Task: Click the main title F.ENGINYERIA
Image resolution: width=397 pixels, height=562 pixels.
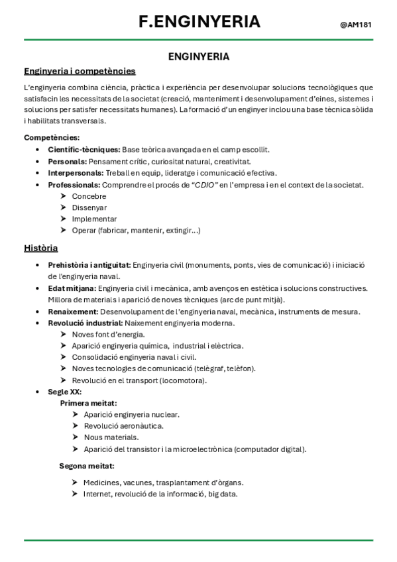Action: [199, 22]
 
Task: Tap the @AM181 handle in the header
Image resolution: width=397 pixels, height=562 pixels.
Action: [355, 25]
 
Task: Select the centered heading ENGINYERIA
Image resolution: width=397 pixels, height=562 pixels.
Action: [199, 57]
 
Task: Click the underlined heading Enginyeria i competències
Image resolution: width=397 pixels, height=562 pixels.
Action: [80, 71]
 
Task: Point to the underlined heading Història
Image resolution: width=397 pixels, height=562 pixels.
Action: [40, 249]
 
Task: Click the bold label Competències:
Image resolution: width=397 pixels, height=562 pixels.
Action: [52, 137]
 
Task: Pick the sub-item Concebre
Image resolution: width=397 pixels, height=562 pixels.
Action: [89, 196]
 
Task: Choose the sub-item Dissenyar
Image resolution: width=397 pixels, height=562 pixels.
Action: [89, 207]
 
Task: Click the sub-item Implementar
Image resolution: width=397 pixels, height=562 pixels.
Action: [94, 219]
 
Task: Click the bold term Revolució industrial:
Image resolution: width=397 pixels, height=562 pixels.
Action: [85, 323]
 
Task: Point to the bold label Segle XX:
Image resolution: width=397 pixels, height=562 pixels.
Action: [65, 392]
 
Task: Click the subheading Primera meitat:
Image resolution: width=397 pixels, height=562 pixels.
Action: [89, 403]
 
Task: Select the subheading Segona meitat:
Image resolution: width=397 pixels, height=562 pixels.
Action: [87, 466]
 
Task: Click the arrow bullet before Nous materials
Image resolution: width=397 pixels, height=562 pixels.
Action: [75, 437]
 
